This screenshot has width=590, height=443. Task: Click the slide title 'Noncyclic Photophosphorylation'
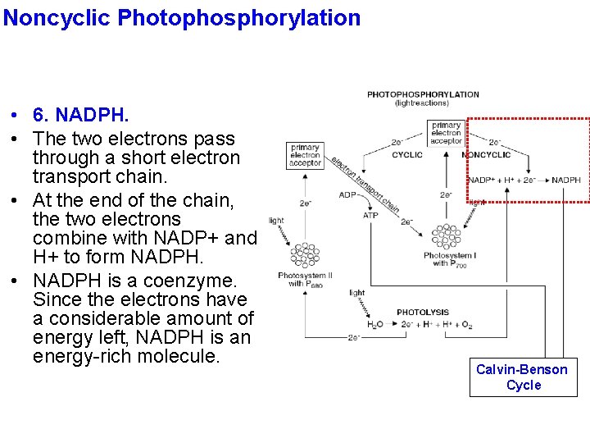click(181, 17)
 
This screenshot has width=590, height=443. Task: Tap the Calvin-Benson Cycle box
click(522, 377)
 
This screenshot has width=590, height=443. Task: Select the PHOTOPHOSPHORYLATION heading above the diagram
click(423, 95)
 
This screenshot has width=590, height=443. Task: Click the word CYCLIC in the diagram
click(407, 154)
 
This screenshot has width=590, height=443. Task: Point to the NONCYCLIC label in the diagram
click(486, 154)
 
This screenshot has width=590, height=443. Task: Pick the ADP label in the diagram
click(348, 195)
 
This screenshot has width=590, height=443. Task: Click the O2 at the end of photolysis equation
click(466, 326)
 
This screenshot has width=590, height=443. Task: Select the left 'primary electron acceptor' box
click(305, 155)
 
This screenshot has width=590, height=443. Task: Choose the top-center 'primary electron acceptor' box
click(446, 132)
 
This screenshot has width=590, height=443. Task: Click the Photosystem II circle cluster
click(305, 254)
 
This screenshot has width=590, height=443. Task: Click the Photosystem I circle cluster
click(446, 237)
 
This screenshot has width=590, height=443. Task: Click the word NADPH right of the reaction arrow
click(565, 180)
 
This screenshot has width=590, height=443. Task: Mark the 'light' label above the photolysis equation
click(356, 293)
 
